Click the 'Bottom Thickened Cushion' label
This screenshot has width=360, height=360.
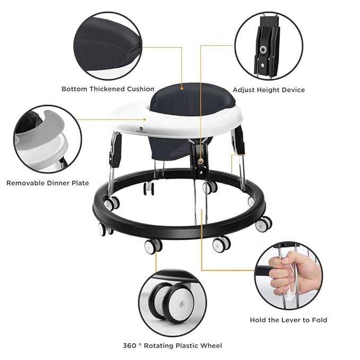tap(108, 89)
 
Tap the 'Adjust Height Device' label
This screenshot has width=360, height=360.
tap(269, 90)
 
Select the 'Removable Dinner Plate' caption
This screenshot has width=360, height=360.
tap(48, 183)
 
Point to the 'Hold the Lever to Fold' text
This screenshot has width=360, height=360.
tap(288, 320)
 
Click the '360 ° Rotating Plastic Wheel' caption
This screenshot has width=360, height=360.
tap(172, 346)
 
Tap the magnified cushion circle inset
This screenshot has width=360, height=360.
tap(108, 46)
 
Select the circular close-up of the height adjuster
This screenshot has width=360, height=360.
tap(269, 46)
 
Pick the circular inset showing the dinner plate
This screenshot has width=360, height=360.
tap(48, 139)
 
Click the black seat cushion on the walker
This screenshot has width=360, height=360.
tap(192, 99)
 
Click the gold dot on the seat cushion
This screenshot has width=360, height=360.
tap(182, 88)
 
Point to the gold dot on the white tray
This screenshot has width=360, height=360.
tap(145, 119)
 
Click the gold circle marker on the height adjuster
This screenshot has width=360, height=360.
tap(201, 161)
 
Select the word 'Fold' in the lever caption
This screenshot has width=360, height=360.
tap(319, 320)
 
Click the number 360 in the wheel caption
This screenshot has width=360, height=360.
tap(130, 346)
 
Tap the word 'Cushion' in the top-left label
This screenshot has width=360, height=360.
tap(141, 89)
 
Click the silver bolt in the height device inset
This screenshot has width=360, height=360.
tap(262, 49)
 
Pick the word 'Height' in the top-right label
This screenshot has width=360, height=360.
tap(269, 90)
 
